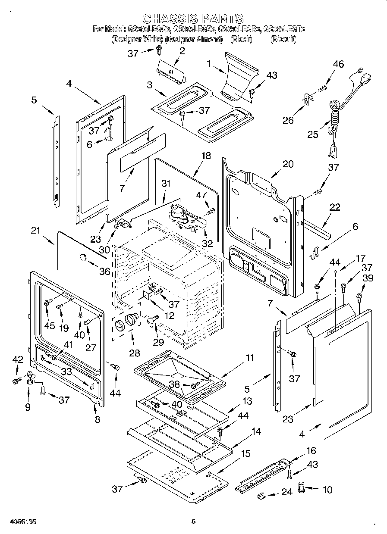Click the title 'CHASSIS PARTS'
[193, 19]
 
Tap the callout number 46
[338, 64]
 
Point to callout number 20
[288, 164]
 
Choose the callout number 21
[35, 231]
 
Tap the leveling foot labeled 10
[302, 489]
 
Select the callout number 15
[245, 453]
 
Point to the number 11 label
[250, 357]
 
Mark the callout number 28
[135, 353]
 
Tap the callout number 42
[17, 359]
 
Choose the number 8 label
[98, 419]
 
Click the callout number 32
[208, 243]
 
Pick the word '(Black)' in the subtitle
[241, 39]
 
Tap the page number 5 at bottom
[193, 522]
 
